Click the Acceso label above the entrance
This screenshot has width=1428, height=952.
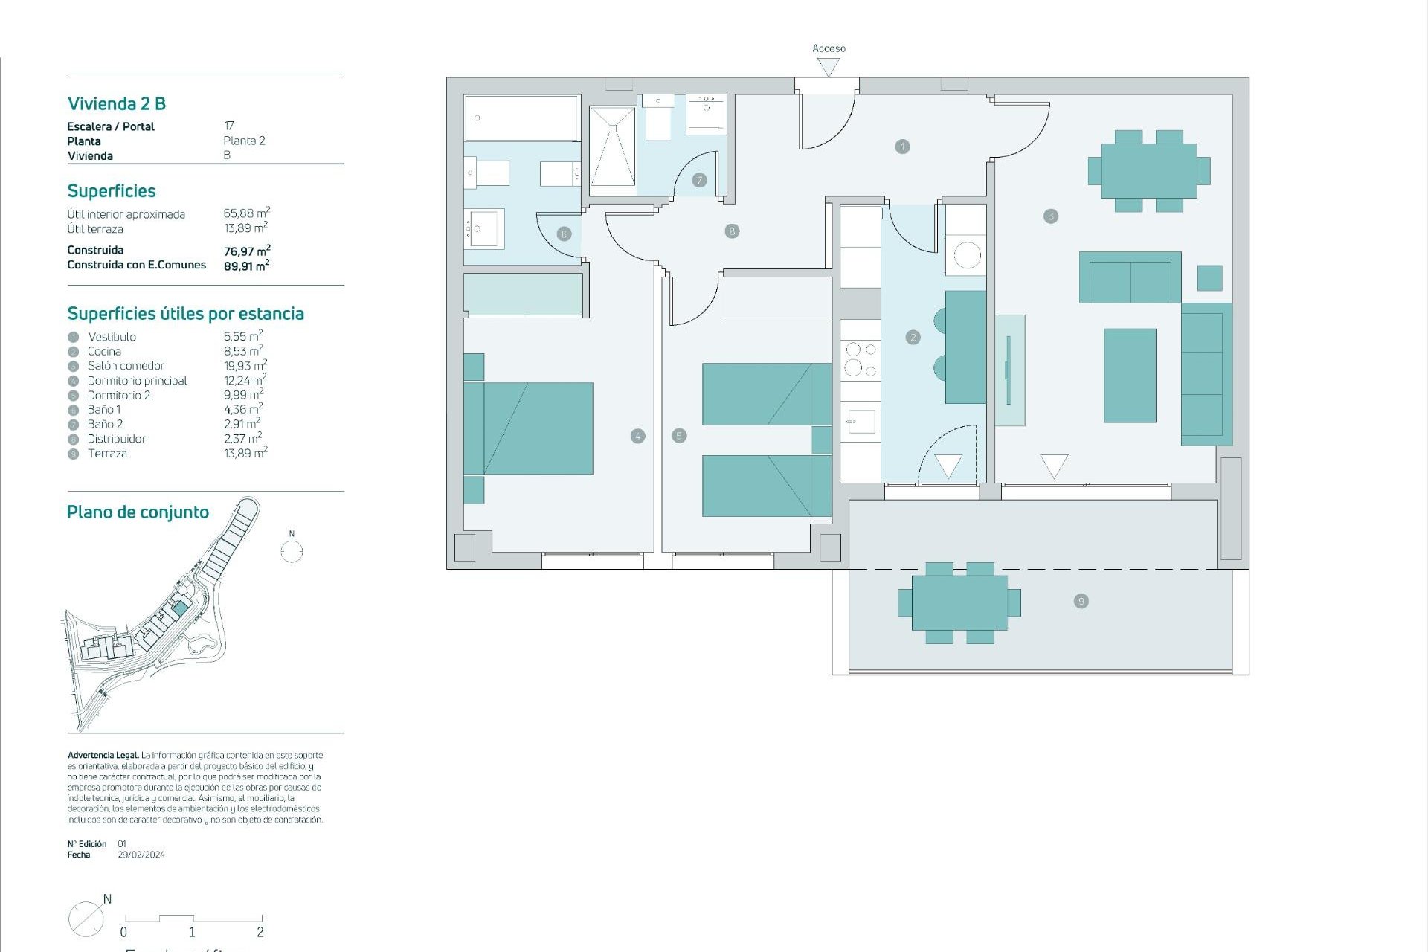tap(829, 48)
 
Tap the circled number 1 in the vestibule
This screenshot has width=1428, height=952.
tap(902, 147)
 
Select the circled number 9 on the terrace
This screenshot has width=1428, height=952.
tap(1081, 601)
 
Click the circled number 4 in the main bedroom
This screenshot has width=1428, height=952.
tap(637, 436)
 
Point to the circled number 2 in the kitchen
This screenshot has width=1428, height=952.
tap(913, 338)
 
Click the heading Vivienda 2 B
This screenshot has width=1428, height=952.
tap(117, 103)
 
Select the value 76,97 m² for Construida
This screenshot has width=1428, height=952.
tap(246, 251)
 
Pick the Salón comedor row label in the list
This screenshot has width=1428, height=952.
tap(126, 366)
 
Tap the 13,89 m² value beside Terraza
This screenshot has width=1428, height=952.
tap(245, 453)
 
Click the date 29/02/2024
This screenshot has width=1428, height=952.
tap(141, 855)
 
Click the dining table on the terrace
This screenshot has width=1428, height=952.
tap(959, 602)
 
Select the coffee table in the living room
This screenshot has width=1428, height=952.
tap(1130, 376)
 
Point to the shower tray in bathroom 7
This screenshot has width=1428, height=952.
tap(612, 147)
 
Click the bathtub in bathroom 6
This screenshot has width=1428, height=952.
tap(521, 118)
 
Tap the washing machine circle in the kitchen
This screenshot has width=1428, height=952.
tap(967, 256)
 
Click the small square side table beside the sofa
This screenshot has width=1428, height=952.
tap(1209, 277)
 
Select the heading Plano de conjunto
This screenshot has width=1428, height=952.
tap(138, 512)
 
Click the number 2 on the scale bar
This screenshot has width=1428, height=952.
tap(260, 932)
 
